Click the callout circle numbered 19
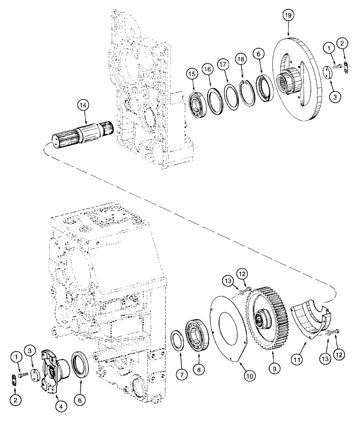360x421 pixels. tap(288, 16)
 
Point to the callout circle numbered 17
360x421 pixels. tap(223, 64)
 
